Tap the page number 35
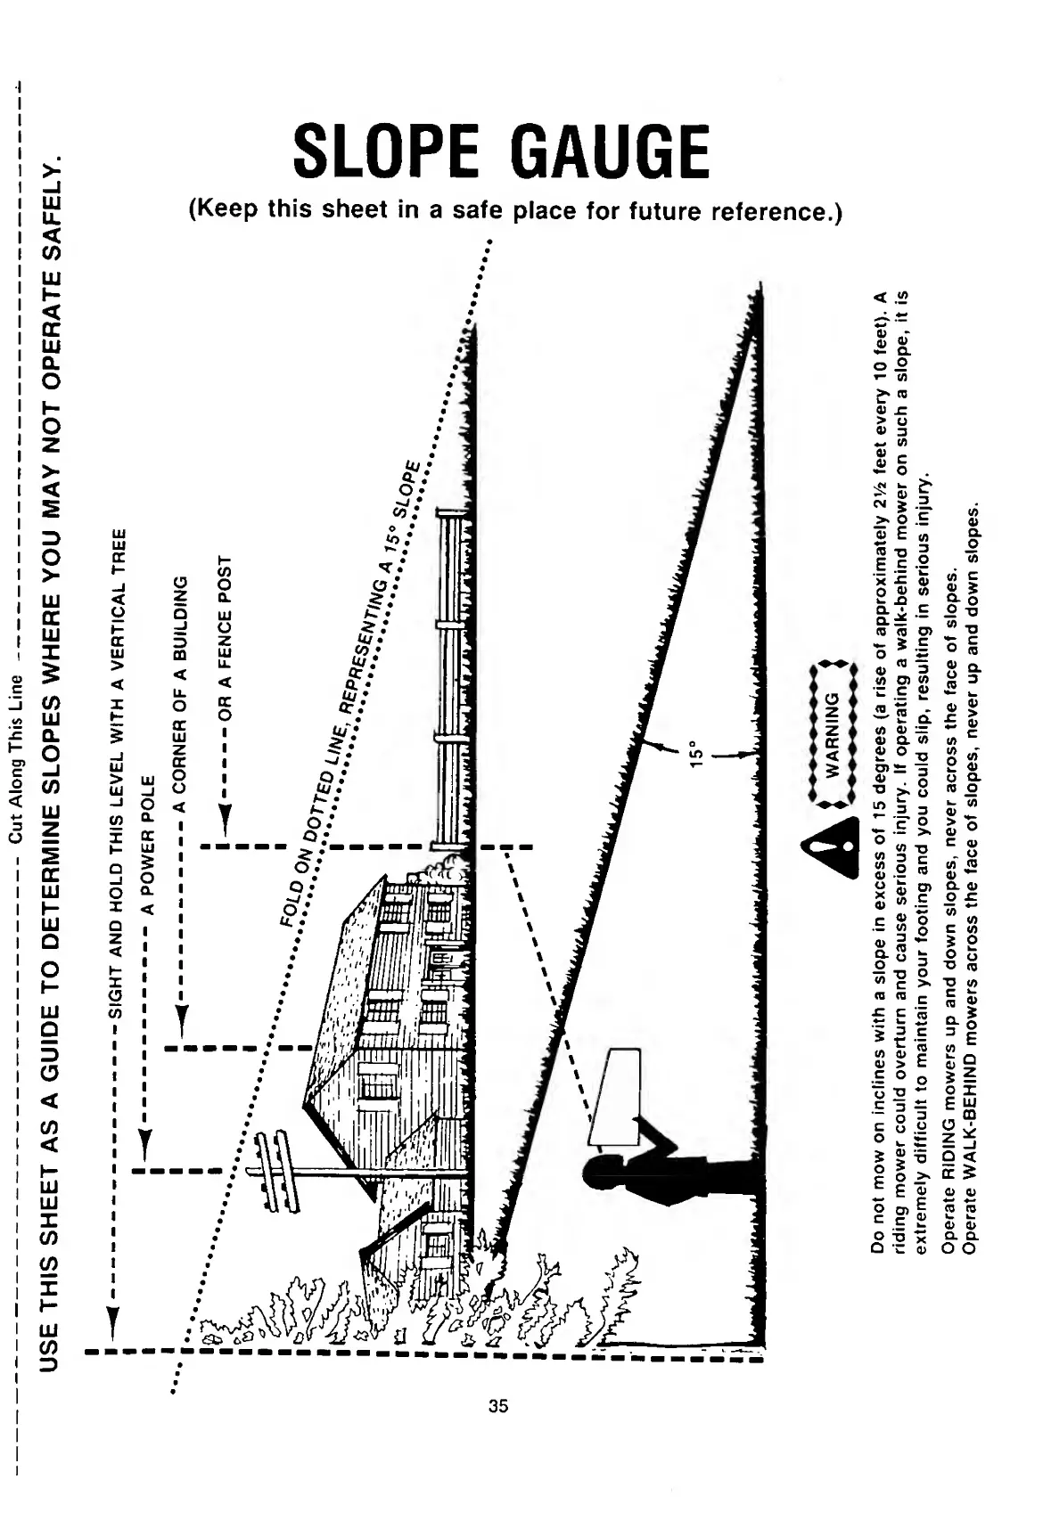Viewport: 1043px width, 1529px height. pyautogui.click(x=498, y=1406)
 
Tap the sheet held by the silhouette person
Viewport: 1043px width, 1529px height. pyautogui.click(x=618, y=1096)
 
